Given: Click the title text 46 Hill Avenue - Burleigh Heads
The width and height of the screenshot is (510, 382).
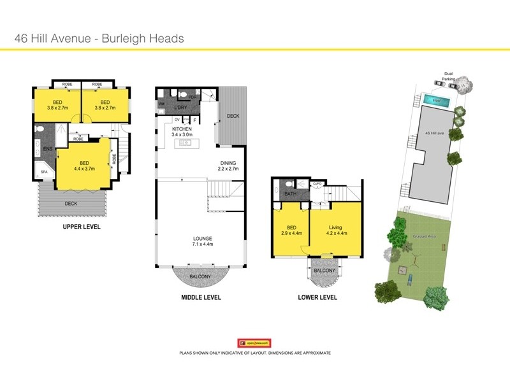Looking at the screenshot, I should (x=99, y=38).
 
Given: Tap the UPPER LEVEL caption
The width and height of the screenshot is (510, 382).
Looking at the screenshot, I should (x=82, y=227).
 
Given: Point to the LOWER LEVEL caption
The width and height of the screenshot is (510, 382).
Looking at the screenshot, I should (x=317, y=297).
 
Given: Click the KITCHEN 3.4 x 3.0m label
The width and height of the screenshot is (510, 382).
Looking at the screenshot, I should (x=164, y=132).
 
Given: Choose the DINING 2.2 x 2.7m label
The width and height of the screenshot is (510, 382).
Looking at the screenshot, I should (x=228, y=166).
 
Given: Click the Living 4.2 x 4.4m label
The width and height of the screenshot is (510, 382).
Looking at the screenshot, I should (x=335, y=230).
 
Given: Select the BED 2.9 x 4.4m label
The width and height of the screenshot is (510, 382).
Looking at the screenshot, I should (x=291, y=230).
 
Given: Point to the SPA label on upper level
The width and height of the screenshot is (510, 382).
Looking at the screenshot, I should (x=44, y=172).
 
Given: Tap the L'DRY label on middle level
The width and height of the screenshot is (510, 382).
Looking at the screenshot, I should (x=180, y=108).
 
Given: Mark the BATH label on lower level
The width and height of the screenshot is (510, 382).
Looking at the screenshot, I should (x=290, y=194).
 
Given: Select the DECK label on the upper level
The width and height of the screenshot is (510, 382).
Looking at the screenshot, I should (x=71, y=204).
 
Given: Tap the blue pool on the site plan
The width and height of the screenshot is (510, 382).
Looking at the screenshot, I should (x=437, y=101).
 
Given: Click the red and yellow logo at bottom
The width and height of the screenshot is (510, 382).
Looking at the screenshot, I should (x=254, y=343).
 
